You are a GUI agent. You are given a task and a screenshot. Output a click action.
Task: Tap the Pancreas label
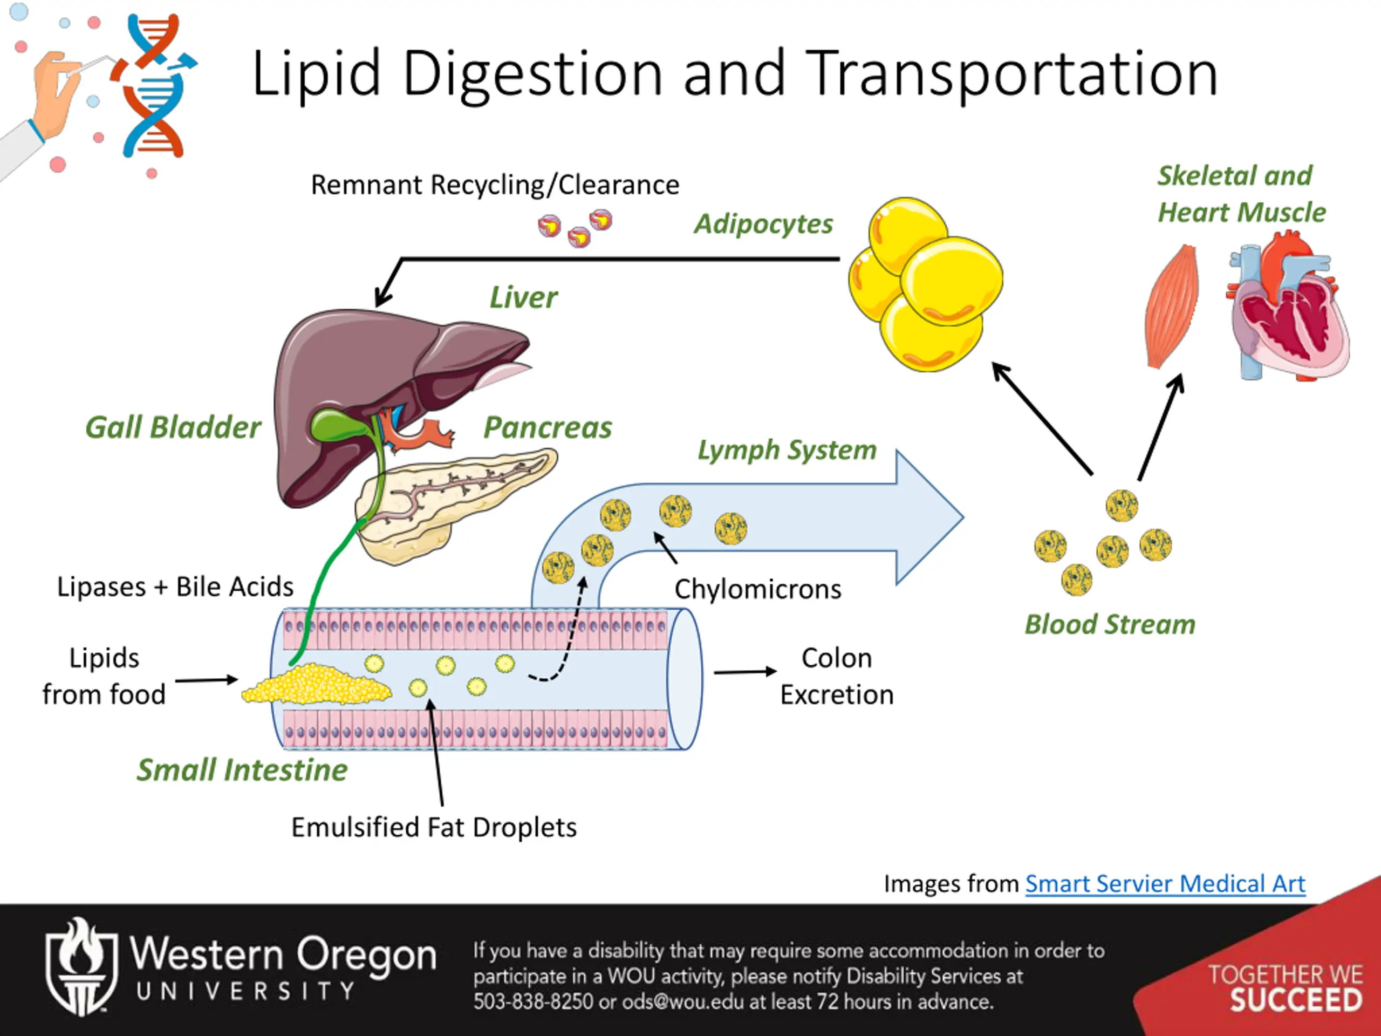coord(548,428)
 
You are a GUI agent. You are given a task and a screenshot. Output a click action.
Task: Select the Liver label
coord(523,297)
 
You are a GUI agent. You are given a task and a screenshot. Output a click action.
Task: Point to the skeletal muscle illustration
coord(1172,306)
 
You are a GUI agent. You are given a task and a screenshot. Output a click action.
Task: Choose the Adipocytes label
coord(763,223)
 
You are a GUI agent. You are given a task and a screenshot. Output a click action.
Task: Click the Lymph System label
coord(787,449)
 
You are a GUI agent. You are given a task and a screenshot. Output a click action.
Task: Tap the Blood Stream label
coord(1110,624)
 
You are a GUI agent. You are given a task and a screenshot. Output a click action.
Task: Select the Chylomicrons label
coord(758,589)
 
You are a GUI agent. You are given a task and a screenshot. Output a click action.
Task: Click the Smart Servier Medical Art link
coord(1165,884)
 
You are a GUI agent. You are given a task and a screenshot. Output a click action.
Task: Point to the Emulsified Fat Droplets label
coord(434,827)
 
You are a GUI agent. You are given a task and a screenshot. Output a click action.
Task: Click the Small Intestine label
coord(242,769)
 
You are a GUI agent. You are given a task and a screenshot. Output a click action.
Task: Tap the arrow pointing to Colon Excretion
coord(746,672)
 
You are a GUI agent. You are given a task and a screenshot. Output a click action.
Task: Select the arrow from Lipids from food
coord(207,680)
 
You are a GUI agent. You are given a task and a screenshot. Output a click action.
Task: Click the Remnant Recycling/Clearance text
coord(495,185)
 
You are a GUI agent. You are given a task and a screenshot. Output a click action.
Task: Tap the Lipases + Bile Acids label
coord(175,587)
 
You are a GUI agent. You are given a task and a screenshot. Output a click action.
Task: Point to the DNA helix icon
coord(154,86)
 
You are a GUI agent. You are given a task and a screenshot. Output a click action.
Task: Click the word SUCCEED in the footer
coord(1296,1000)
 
